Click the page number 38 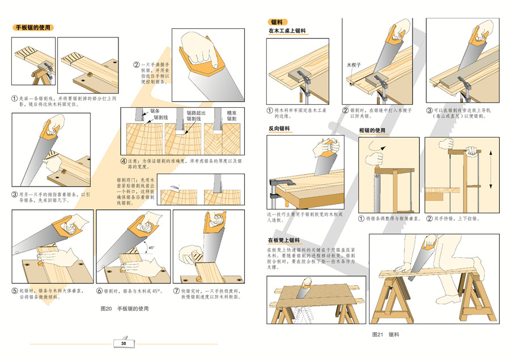pos(124,343)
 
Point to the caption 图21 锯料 pos(385,334)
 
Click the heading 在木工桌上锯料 pos(287,31)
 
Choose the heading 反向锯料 pos(280,129)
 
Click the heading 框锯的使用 pos(372,131)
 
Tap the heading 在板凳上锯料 pos(284,240)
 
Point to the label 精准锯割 pos(232,116)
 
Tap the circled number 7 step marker pos(176,291)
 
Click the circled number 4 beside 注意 pos(124,160)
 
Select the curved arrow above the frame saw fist pos(381,147)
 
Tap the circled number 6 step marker pos(99,291)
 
